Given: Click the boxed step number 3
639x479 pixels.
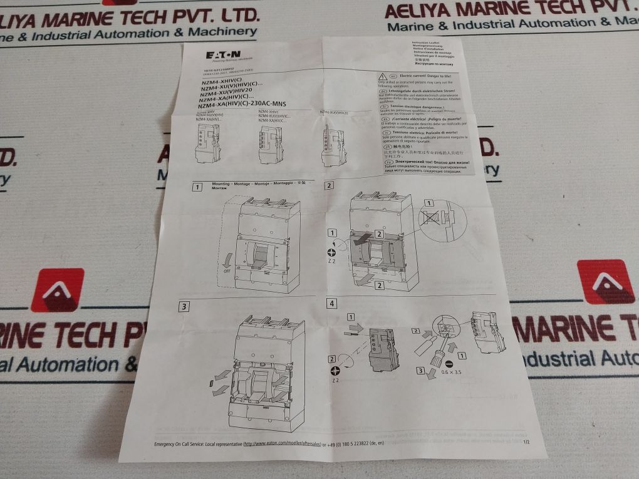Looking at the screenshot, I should (183, 307).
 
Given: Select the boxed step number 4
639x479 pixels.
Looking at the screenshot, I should (331, 303).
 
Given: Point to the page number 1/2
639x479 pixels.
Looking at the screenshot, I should (525, 443).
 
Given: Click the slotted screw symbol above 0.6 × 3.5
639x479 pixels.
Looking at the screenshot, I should (448, 361).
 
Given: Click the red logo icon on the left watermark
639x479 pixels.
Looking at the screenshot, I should (57, 290).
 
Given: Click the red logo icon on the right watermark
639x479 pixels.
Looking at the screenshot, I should (605, 282).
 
